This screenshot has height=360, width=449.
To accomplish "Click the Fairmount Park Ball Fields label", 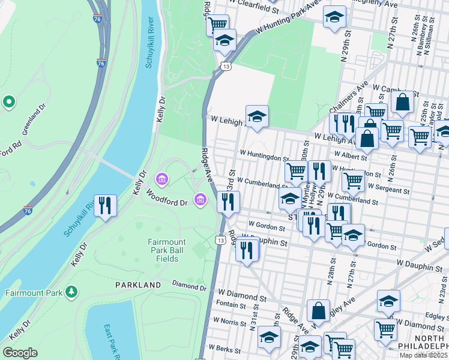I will point(163,250).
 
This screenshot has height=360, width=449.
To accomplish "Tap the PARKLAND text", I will point(138,284).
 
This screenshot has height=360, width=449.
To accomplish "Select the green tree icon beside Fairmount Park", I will point(72,292).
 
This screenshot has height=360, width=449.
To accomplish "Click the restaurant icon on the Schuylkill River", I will point(106,205).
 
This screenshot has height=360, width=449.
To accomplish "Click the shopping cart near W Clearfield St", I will point(218,24).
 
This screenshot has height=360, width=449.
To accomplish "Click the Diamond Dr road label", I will point(189,283).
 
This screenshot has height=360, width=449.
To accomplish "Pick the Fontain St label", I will point(231,305).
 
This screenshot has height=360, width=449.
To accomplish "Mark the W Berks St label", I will point(224,349).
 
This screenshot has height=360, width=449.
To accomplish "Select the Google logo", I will point(20,353).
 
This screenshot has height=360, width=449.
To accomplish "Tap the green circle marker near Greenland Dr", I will point(8,101).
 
